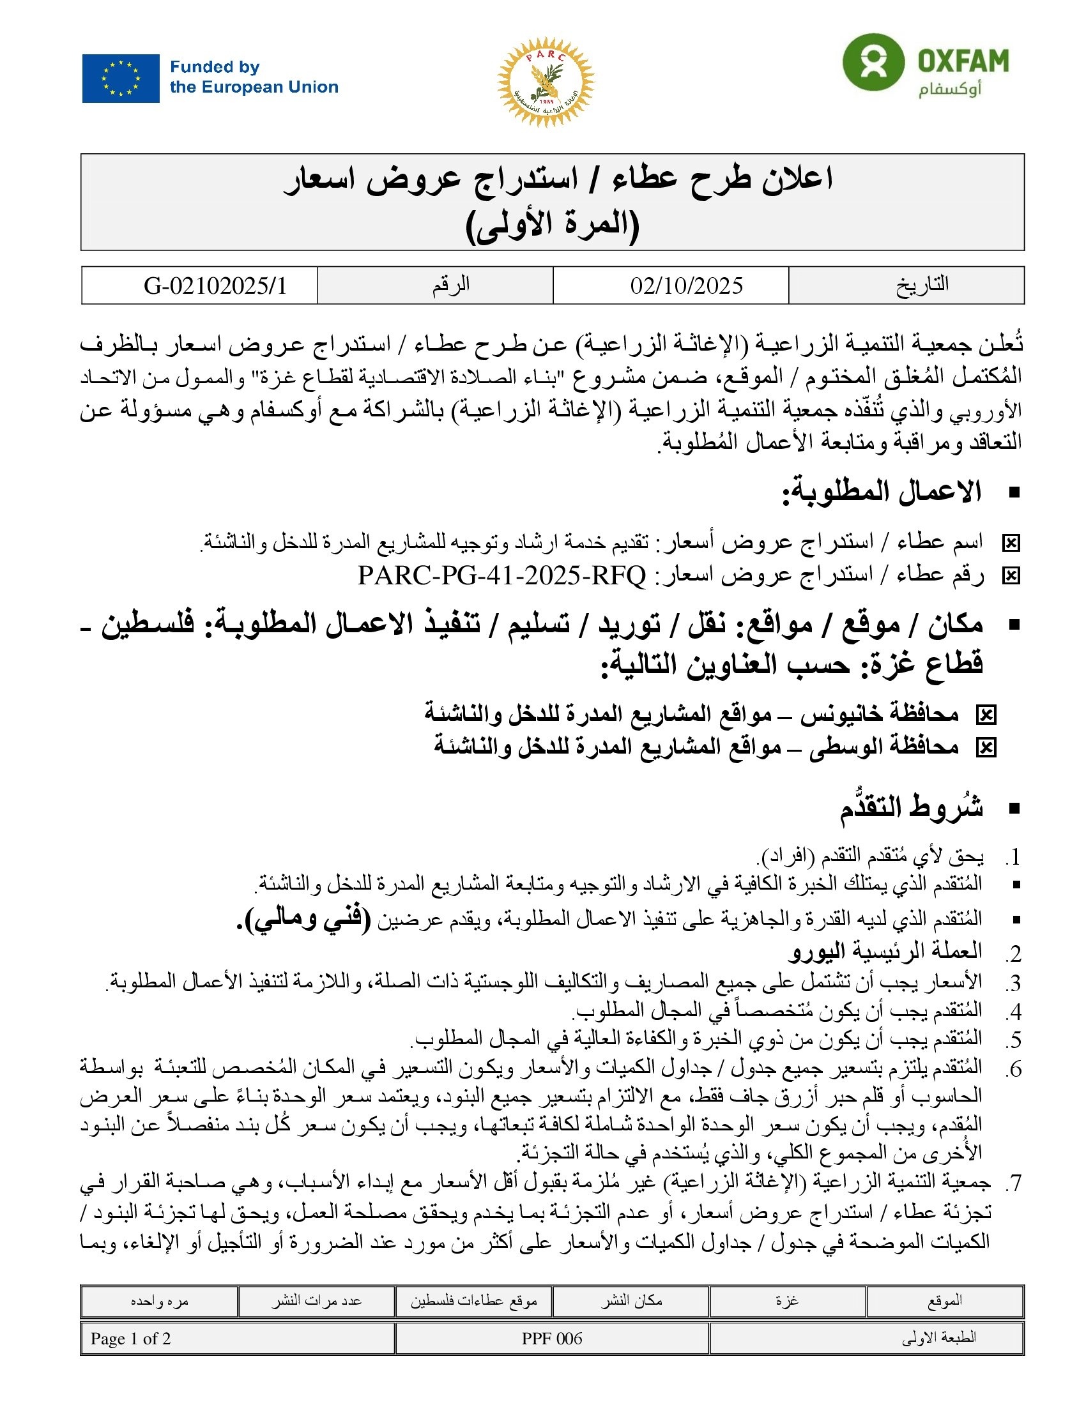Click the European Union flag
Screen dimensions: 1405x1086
(x=120, y=78)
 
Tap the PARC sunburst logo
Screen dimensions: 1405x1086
(x=545, y=82)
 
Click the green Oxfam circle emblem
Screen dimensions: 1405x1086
(x=873, y=63)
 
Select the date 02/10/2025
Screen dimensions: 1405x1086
(x=687, y=285)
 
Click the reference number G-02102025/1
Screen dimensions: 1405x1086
(x=215, y=285)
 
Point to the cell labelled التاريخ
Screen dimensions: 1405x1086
(x=922, y=284)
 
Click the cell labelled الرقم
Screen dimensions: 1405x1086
(x=450, y=284)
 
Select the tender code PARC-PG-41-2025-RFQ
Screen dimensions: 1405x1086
(x=501, y=575)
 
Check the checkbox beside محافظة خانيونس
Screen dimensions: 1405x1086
(x=986, y=715)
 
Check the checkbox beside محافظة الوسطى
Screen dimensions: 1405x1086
(x=986, y=747)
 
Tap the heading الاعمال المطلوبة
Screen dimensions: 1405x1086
(x=882, y=492)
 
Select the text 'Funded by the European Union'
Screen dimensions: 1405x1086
(x=254, y=77)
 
